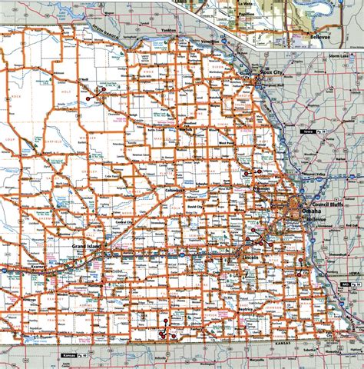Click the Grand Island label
pyautogui.click(x=85, y=245)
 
